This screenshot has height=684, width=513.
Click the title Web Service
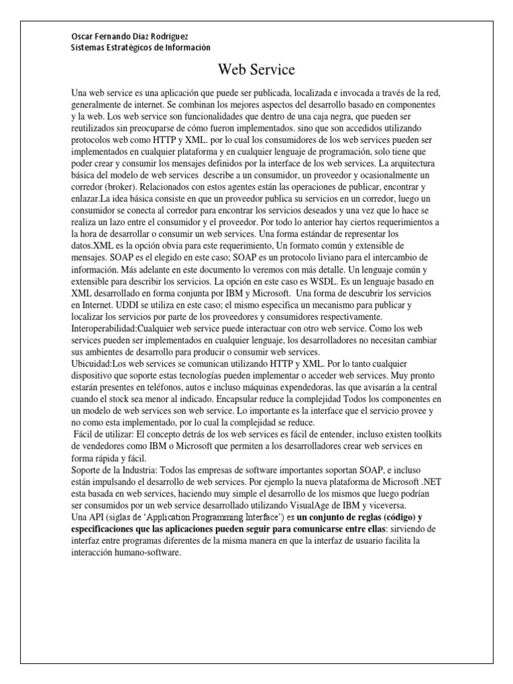(x=256, y=69)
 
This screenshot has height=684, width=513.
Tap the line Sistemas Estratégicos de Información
(x=140, y=47)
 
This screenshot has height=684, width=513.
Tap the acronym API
(x=98, y=518)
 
